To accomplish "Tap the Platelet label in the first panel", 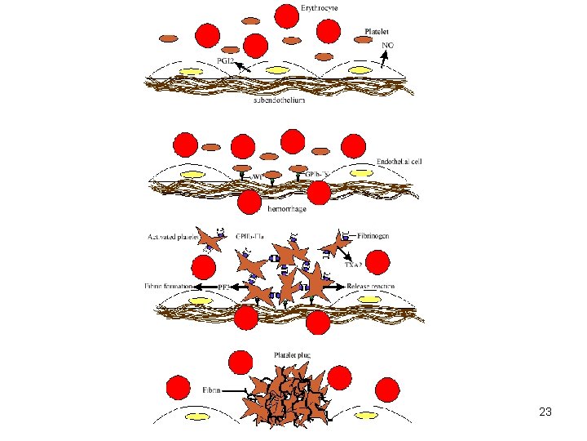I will click(x=377, y=32).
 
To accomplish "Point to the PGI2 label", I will click(x=227, y=60).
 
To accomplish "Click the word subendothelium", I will click(x=280, y=100).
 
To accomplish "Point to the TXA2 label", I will click(x=353, y=265).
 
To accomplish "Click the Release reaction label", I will click(x=371, y=287).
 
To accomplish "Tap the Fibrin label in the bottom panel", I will click(x=211, y=390).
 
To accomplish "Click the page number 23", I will click(x=545, y=413).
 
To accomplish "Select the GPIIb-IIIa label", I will click(x=249, y=235).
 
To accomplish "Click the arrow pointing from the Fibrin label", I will click(x=237, y=392).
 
